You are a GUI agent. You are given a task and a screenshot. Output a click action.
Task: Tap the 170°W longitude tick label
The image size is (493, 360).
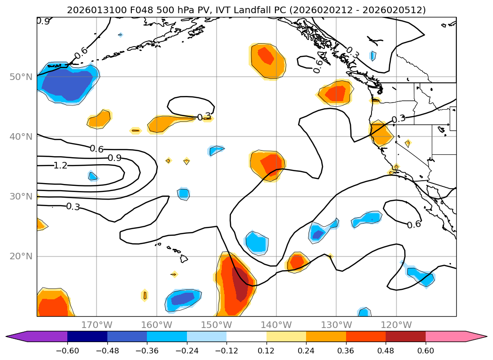97,325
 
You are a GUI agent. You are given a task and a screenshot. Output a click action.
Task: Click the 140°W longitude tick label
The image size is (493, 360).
276,325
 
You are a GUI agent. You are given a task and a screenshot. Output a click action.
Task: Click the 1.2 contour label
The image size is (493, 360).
60,165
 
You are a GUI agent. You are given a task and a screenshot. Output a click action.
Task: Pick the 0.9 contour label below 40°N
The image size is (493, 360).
114,158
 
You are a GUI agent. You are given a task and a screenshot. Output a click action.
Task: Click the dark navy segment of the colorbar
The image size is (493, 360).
87,336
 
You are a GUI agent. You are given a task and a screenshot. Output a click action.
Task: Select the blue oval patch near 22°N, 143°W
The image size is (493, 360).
257,242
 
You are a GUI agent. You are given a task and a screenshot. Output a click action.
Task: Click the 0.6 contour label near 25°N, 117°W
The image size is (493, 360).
414,224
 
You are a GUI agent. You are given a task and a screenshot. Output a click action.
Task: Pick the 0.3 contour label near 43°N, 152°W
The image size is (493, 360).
204,117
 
